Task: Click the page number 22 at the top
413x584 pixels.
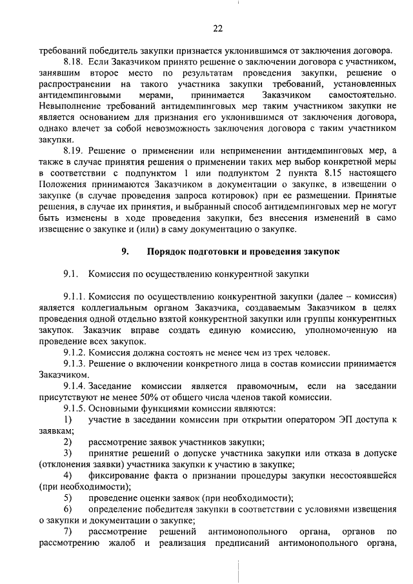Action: tap(217, 28)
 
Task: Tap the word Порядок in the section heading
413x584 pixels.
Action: tap(169, 252)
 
